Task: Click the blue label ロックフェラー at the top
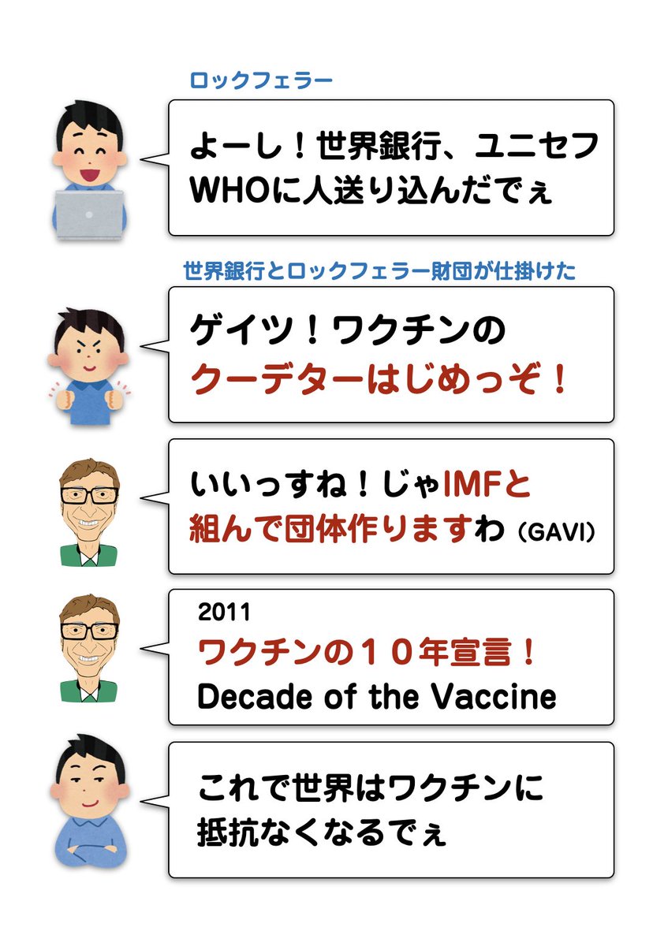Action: coord(260,80)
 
